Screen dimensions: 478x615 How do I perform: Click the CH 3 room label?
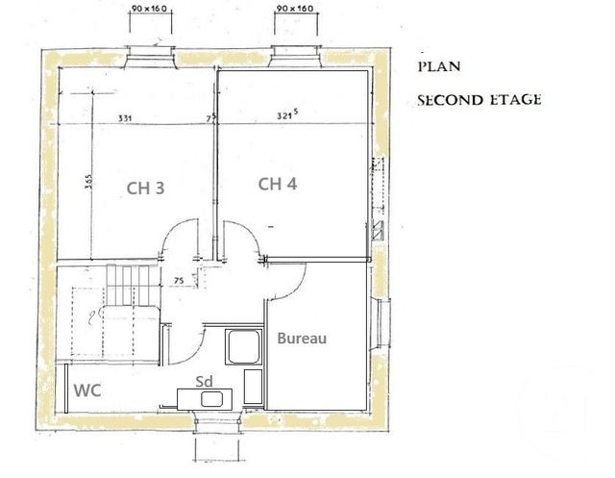[x=145, y=189]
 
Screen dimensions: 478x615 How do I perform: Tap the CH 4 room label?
[x=277, y=185]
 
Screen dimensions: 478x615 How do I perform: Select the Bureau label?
[x=302, y=339]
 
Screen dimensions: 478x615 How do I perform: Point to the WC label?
[x=89, y=391]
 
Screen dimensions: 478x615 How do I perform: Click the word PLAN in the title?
[x=438, y=67]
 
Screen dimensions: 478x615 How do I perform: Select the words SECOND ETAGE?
[x=480, y=100]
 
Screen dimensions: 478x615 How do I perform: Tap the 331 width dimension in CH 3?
[x=125, y=118]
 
